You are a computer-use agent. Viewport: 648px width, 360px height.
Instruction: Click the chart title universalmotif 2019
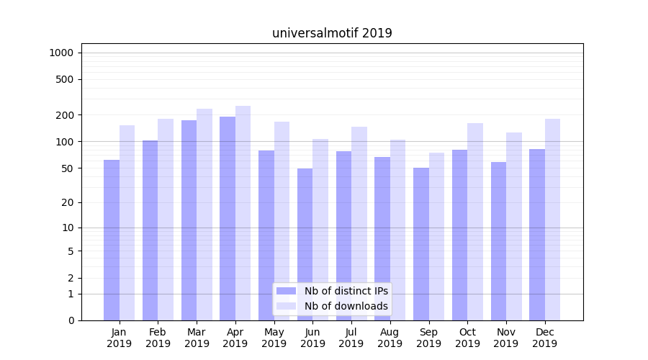(x=332, y=33)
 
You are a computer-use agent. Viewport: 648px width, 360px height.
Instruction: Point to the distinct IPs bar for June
(x=305, y=244)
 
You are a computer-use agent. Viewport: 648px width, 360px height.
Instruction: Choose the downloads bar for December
(x=552, y=220)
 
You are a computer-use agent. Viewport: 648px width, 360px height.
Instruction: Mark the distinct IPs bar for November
(x=498, y=241)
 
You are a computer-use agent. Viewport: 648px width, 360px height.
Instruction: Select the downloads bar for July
(x=359, y=223)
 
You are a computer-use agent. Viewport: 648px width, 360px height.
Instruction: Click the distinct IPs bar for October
(x=459, y=235)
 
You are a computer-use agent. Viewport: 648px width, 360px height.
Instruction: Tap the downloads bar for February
(x=166, y=220)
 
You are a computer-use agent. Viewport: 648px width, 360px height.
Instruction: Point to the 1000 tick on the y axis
(x=61, y=53)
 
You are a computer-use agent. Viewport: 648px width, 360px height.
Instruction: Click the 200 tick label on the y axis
(x=65, y=115)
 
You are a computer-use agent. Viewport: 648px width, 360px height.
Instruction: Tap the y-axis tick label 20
(x=68, y=202)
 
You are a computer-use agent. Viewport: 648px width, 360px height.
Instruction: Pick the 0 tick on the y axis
(x=71, y=320)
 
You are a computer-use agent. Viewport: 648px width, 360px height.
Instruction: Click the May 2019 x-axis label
(x=274, y=338)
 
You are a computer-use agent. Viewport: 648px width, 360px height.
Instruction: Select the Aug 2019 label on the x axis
(x=390, y=338)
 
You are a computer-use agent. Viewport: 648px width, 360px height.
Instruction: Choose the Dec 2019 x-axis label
(x=545, y=338)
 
